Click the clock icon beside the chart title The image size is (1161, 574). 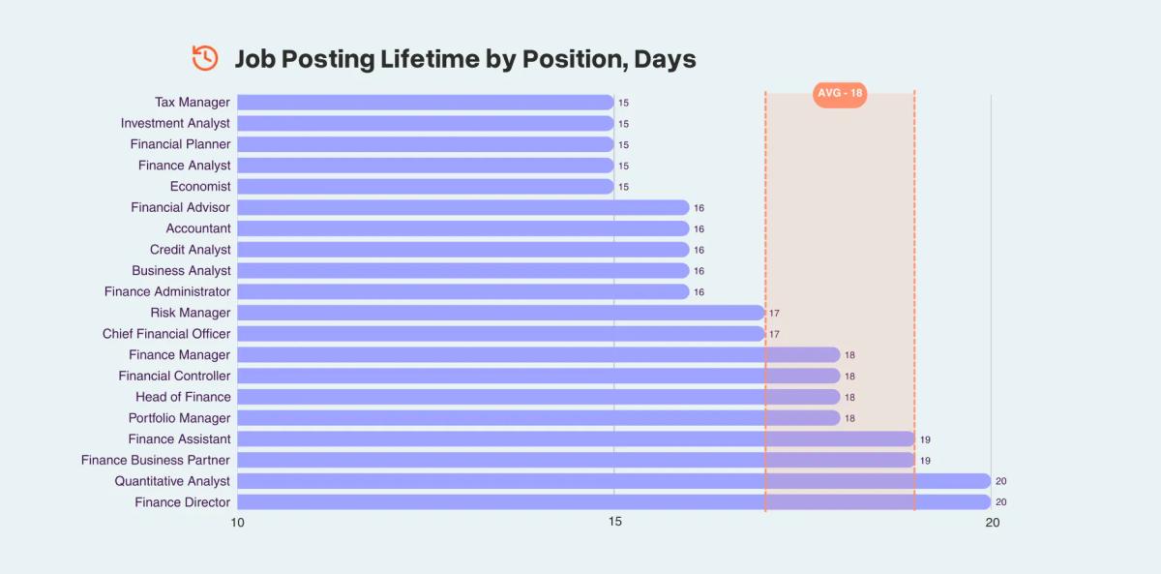(205, 58)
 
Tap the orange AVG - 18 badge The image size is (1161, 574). (840, 94)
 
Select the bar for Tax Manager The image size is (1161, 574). (425, 103)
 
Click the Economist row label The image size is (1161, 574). (200, 187)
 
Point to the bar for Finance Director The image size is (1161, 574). (613, 502)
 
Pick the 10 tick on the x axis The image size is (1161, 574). (237, 523)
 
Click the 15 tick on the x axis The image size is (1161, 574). (614, 523)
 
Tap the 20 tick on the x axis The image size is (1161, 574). (992, 523)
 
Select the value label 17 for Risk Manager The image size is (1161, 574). (774, 314)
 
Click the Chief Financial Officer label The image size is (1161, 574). (166, 334)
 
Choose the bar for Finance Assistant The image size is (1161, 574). (576, 439)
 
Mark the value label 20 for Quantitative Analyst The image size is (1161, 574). (1001, 482)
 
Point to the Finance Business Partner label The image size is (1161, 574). (156, 461)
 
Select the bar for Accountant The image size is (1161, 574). (462, 228)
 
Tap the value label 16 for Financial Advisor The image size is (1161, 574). (699, 208)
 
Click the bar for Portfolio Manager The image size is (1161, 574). (538, 418)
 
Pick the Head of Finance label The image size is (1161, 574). (183, 397)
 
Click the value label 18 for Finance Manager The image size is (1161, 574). (849, 356)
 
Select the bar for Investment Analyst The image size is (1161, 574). (425, 124)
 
